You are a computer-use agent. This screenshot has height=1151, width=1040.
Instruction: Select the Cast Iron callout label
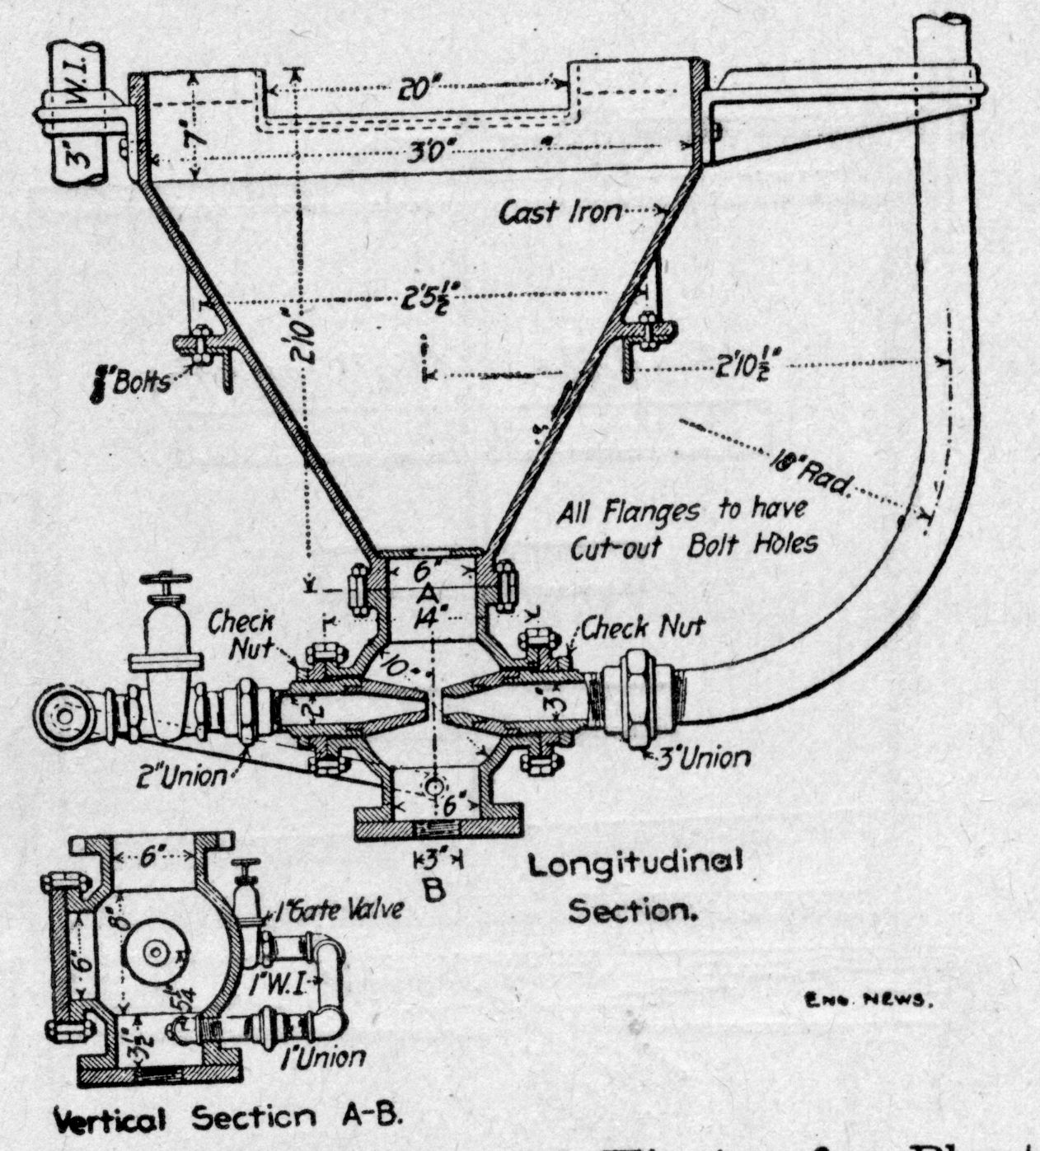coord(560,213)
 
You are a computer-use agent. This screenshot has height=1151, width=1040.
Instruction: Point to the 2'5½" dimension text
coord(429,302)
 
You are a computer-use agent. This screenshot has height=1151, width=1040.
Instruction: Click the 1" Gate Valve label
coord(339,910)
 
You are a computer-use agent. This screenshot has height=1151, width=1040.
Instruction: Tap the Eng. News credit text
coord(866,1002)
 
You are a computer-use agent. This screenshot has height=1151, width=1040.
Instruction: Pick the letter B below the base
coord(436,891)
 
